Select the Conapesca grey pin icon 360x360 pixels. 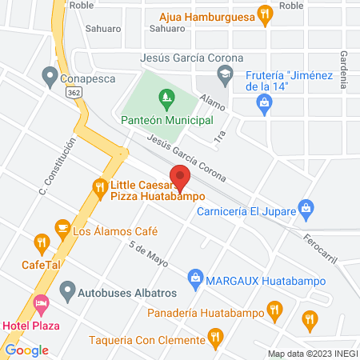click(x=50, y=78)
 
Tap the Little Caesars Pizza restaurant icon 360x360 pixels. click(x=100, y=189)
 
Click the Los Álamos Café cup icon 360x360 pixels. click(x=62, y=229)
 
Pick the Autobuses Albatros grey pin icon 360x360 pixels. click(x=67, y=289)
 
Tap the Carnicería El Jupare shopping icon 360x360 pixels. click(x=304, y=208)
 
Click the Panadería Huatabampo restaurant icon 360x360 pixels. click(x=274, y=308)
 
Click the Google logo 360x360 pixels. click(x=27, y=350)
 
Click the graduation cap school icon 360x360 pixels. click(x=226, y=75)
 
